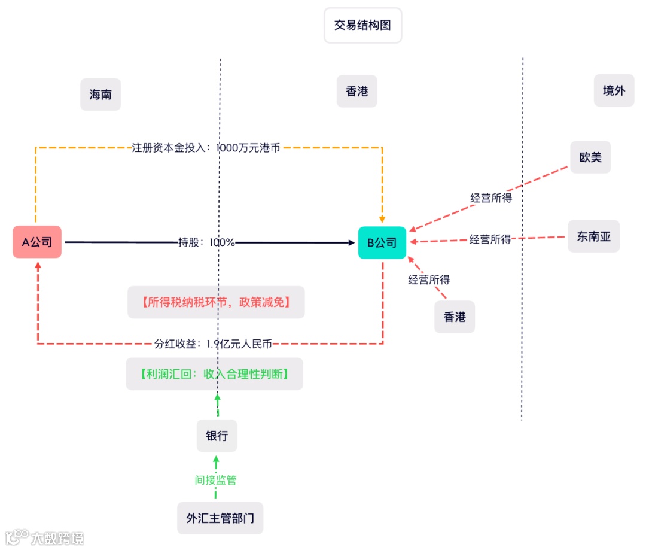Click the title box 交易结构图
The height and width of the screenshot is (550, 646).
pyautogui.click(x=362, y=26)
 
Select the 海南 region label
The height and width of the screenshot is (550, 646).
pyautogui.click(x=100, y=95)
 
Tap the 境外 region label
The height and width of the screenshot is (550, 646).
pyautogui.click(x=614, y=91)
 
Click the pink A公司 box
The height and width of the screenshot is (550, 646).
pyautogui.click(x=37, y=242)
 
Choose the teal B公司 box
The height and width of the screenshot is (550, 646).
pyautogui.click(x=382, y=242)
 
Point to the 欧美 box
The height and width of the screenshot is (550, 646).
pyautogui.click(x=590, y=157)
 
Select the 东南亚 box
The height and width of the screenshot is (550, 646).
pyautogui.click(x=594, y=236)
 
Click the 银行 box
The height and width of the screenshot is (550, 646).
pyautogui.click(x=217, y=436)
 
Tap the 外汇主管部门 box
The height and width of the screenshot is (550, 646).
pyautogui.click(x=220, y=518)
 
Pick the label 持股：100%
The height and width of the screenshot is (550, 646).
pyautogui.click(x=207, y=242)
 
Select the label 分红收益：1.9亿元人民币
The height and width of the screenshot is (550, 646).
pyautogui.click(x=213, y=344)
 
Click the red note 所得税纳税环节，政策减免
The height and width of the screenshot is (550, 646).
pyautogui.click(x=216, y=302)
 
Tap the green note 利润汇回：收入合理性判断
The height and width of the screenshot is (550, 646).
pyautogui.click(x=214, y=374)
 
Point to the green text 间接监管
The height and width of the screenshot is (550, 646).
pyautogui.click(x=216, y=480)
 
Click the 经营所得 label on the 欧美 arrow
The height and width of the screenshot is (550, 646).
pyautogui.click(x=491, y=198)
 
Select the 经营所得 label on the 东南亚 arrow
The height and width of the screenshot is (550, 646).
pyautogui.click(x=490, y=239)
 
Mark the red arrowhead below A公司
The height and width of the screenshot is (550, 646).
pyautogui.click(x=38, y=264)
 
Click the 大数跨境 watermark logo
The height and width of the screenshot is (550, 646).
pyautogui.click(x=44, y=537)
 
